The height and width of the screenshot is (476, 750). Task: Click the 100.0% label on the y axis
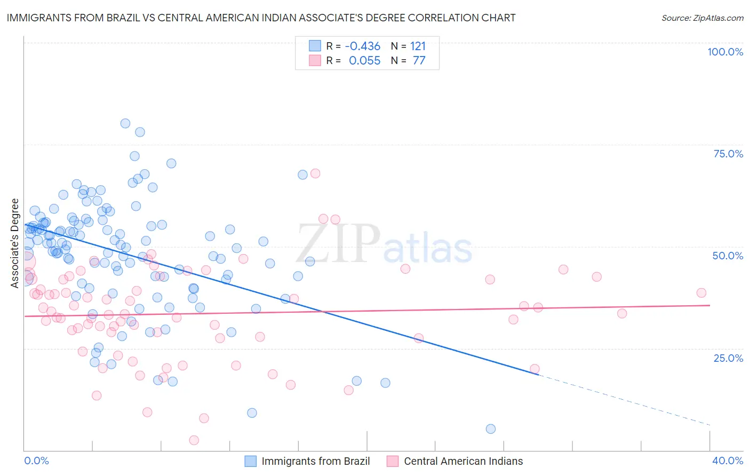click(725, 52)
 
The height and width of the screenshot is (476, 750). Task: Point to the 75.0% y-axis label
click(728, 154)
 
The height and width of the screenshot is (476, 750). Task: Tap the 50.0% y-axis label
click(728, 256)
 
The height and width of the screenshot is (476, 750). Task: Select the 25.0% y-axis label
click(728, 358)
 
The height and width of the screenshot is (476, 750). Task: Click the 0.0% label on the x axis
click(36, 461)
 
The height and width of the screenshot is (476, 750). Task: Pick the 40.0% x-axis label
click(728, 461)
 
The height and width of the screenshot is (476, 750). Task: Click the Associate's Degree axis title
click(15, 243)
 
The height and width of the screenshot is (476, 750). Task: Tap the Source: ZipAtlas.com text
click(702, 18)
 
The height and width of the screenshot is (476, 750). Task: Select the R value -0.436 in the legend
click(362, 46)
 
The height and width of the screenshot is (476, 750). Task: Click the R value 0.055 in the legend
click(364, 61)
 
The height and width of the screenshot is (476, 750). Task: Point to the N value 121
click(418, 46)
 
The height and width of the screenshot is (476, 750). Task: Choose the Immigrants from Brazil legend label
click(315, 461)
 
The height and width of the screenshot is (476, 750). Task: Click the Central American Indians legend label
click(463, 461)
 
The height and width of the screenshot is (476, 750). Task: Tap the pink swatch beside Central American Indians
click(393, 461)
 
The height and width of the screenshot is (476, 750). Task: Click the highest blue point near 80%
click(125, 123)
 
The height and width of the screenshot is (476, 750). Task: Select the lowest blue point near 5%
click(491, 429)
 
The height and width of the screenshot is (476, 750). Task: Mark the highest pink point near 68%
click(315, 173)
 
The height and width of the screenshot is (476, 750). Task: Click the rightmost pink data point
click(701, 292)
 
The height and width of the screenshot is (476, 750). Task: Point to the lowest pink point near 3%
click(194, 440)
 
